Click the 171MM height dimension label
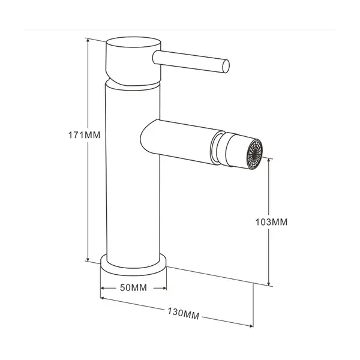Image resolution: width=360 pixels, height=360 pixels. coord(84,135)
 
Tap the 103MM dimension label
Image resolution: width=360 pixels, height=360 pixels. coord(271,222)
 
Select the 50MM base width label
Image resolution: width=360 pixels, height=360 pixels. coord(133,287)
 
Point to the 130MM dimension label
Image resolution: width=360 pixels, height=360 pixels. coord(183,313)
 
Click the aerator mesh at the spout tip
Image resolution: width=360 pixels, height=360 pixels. coord(254,154)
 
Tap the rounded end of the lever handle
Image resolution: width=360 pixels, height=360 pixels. coord(226,67)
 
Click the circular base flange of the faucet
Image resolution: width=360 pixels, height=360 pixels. coord(133,266)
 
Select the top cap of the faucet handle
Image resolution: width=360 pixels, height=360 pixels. coord(133,42)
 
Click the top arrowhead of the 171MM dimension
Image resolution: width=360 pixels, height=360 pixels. coord(88,40)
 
